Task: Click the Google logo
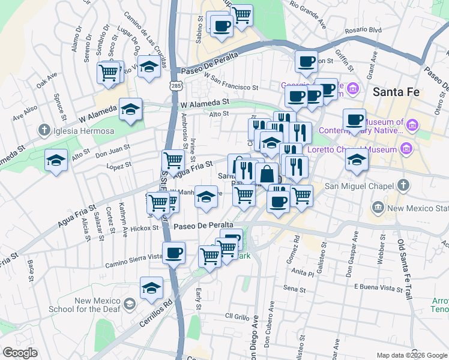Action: (x=20, y=353)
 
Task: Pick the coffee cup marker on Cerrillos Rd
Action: (x=174, y=253)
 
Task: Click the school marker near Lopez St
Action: (x=56, y=160)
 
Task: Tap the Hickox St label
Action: (x=135, y=228)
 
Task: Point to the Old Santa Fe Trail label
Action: (x=403, y=271)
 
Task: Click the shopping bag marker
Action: (x=267, y=175)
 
